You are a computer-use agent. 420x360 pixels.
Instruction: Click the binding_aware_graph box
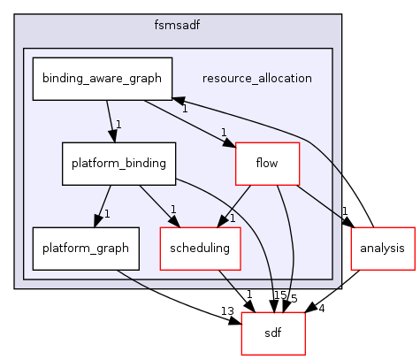(x=103, y=78)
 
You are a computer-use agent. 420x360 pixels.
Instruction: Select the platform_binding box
(x=119, y=163)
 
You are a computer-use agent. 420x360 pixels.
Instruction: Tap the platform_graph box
(x=85, y=248)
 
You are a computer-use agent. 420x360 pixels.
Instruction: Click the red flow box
(x=267, y=163)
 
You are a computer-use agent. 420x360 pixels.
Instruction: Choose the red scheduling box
(x=200, y=248)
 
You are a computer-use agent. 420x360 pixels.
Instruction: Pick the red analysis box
(x=383, y=248)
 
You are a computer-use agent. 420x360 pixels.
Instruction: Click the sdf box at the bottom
(x=273, y=333)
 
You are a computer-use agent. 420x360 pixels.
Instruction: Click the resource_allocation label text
(x=257, y=78)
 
